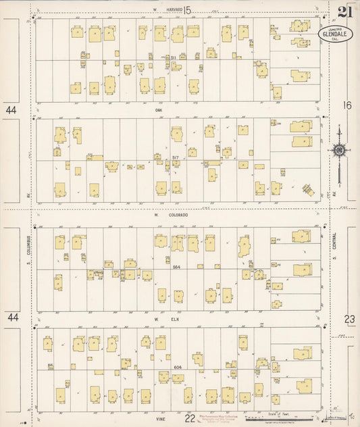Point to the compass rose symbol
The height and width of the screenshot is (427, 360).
(x=338, y=150)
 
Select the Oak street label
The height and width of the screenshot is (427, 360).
(x=159, y=109)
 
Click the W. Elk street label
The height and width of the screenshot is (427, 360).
(x=159, y=318)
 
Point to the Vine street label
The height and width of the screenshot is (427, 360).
(x=160, y=419)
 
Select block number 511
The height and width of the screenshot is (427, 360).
(x=174, y=58)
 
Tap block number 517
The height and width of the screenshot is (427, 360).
(x=176, y=157)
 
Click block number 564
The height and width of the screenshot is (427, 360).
(x=176, y=268)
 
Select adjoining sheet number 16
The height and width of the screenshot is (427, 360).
(x=347, y=105)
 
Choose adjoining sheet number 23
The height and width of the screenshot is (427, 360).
(x=349, y=318)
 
